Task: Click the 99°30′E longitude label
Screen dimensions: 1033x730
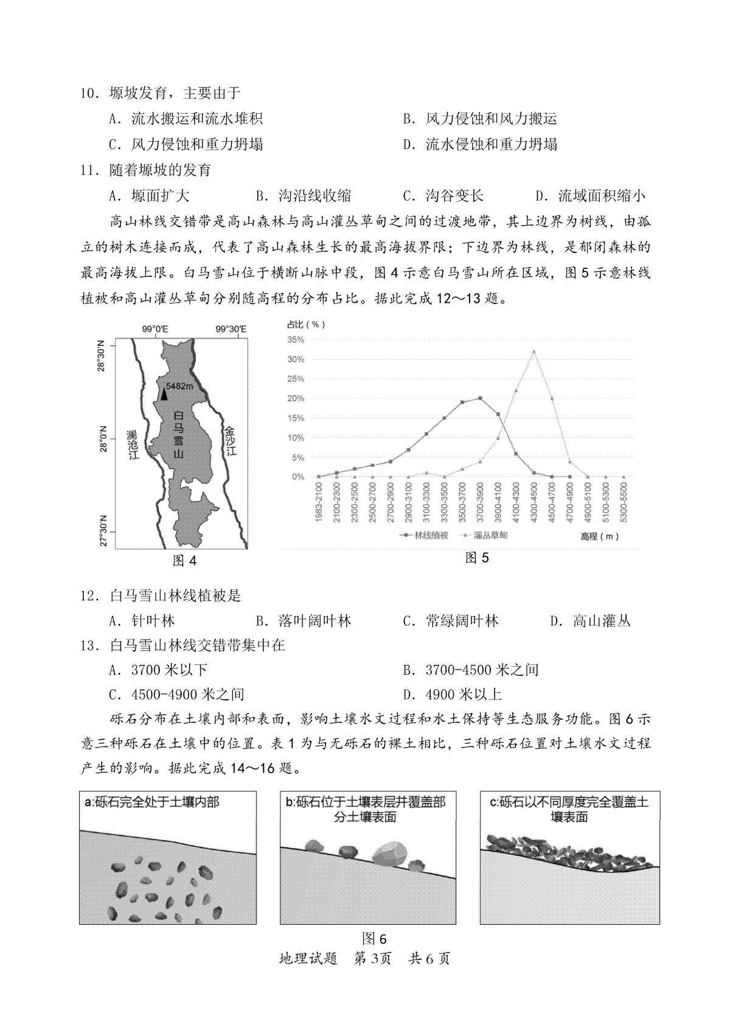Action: pyautogui.click(x=231, y=329)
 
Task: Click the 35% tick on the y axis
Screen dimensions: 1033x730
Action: pyautogui.click(x=296, y=340)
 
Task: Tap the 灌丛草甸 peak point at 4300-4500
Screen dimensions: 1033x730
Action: pyautogui.click(x=534, y=351)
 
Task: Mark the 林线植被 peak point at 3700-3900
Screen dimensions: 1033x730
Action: pyautogui.click(x=481, y=398)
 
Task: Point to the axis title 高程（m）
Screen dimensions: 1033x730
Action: pyautogui.click(x=600, y=536)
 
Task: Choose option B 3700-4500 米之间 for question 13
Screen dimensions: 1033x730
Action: pyautogui.click(x=471, y=670)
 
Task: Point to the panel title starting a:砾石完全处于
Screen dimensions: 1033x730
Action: pyautogui.click(x=152, y=802)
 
